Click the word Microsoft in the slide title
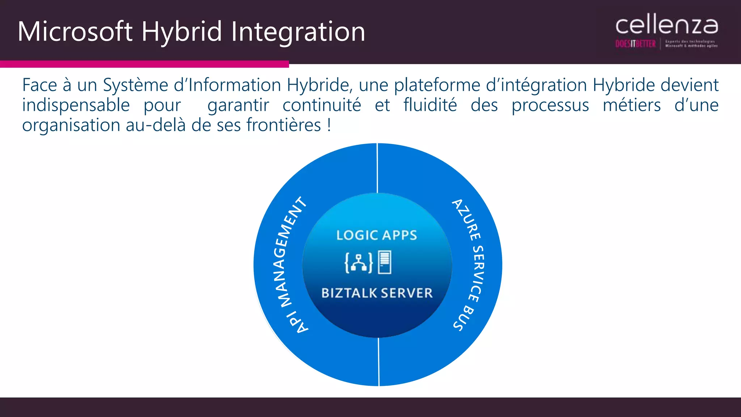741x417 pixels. tap(75, 31)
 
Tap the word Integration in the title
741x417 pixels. tap(298, 31)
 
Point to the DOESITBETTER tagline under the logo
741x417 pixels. tap(635, 44)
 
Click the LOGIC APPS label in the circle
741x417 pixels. tap(377, 235)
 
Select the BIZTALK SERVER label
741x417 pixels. tap(377, 293)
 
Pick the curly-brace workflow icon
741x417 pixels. tap(359, 262)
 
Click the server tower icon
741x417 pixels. tap(385, 262)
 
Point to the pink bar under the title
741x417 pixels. tap(144, 64)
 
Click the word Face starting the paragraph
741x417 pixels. tap(39, 85)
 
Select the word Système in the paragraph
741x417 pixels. tap(136, 85)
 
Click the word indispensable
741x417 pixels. tap(76, 106)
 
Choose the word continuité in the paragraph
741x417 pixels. tap(322, 106)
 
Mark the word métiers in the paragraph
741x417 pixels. tap(632, 106)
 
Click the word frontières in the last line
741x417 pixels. tap(284, 126)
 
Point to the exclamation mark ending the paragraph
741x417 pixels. tap(329, 126)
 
